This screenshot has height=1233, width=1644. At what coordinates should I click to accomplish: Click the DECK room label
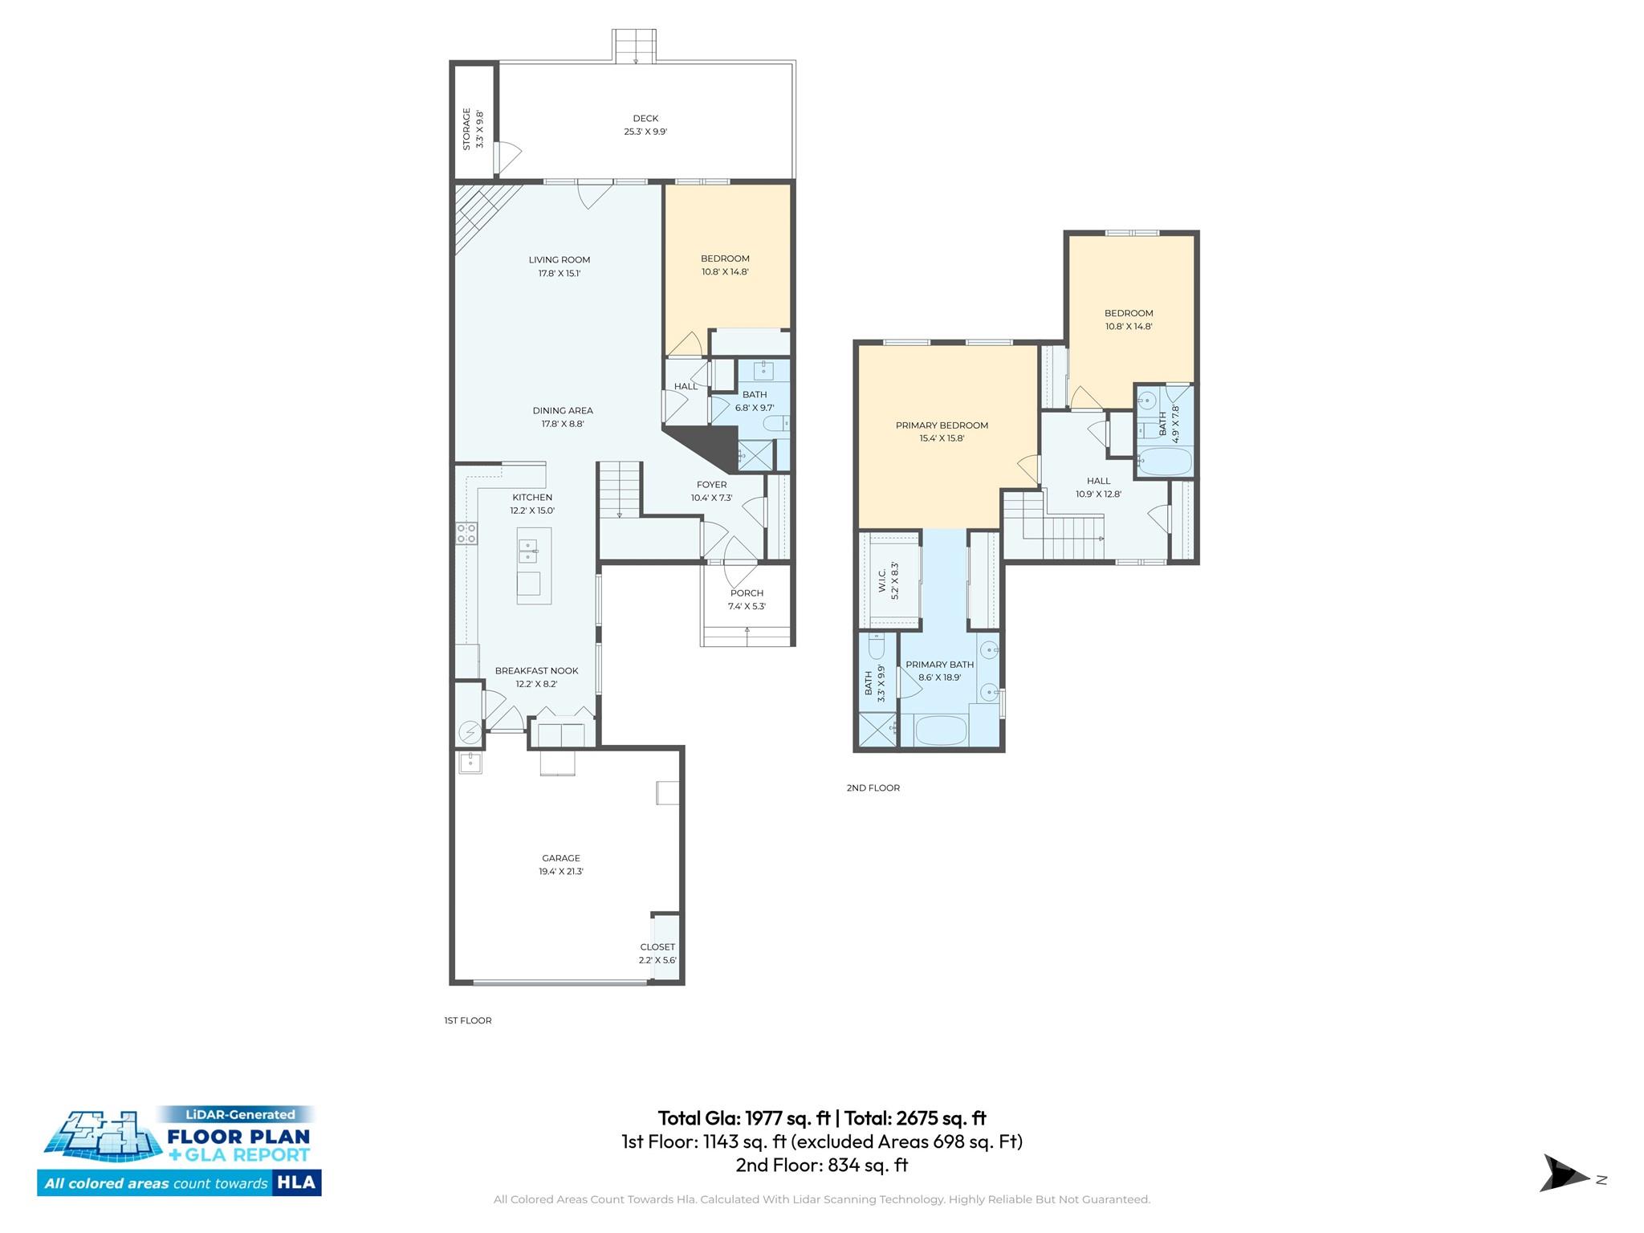[645, 119]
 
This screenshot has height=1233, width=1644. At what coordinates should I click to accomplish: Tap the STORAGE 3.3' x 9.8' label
[473, 129]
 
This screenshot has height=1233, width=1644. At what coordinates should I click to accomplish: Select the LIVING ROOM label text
[560, 260]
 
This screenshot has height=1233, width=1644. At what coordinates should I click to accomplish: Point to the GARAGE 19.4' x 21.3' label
[560, 865]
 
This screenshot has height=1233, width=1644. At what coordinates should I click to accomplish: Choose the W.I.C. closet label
[888, 580]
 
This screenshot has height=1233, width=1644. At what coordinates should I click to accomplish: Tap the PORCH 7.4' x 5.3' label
[747, 600]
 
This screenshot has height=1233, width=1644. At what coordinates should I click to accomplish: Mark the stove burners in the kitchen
[466, 533]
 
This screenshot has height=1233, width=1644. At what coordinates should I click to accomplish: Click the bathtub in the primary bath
[941, 730]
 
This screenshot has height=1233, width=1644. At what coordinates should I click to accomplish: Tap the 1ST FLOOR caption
[468, 1020]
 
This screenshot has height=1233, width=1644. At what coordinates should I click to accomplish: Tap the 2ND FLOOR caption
[873, 787]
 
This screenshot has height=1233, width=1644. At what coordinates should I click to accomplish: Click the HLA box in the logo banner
[296, 1182]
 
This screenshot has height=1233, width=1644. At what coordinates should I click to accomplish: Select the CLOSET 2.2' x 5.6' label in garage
[657, 953]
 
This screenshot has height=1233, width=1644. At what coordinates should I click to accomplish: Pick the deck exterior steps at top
[634, 46]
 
